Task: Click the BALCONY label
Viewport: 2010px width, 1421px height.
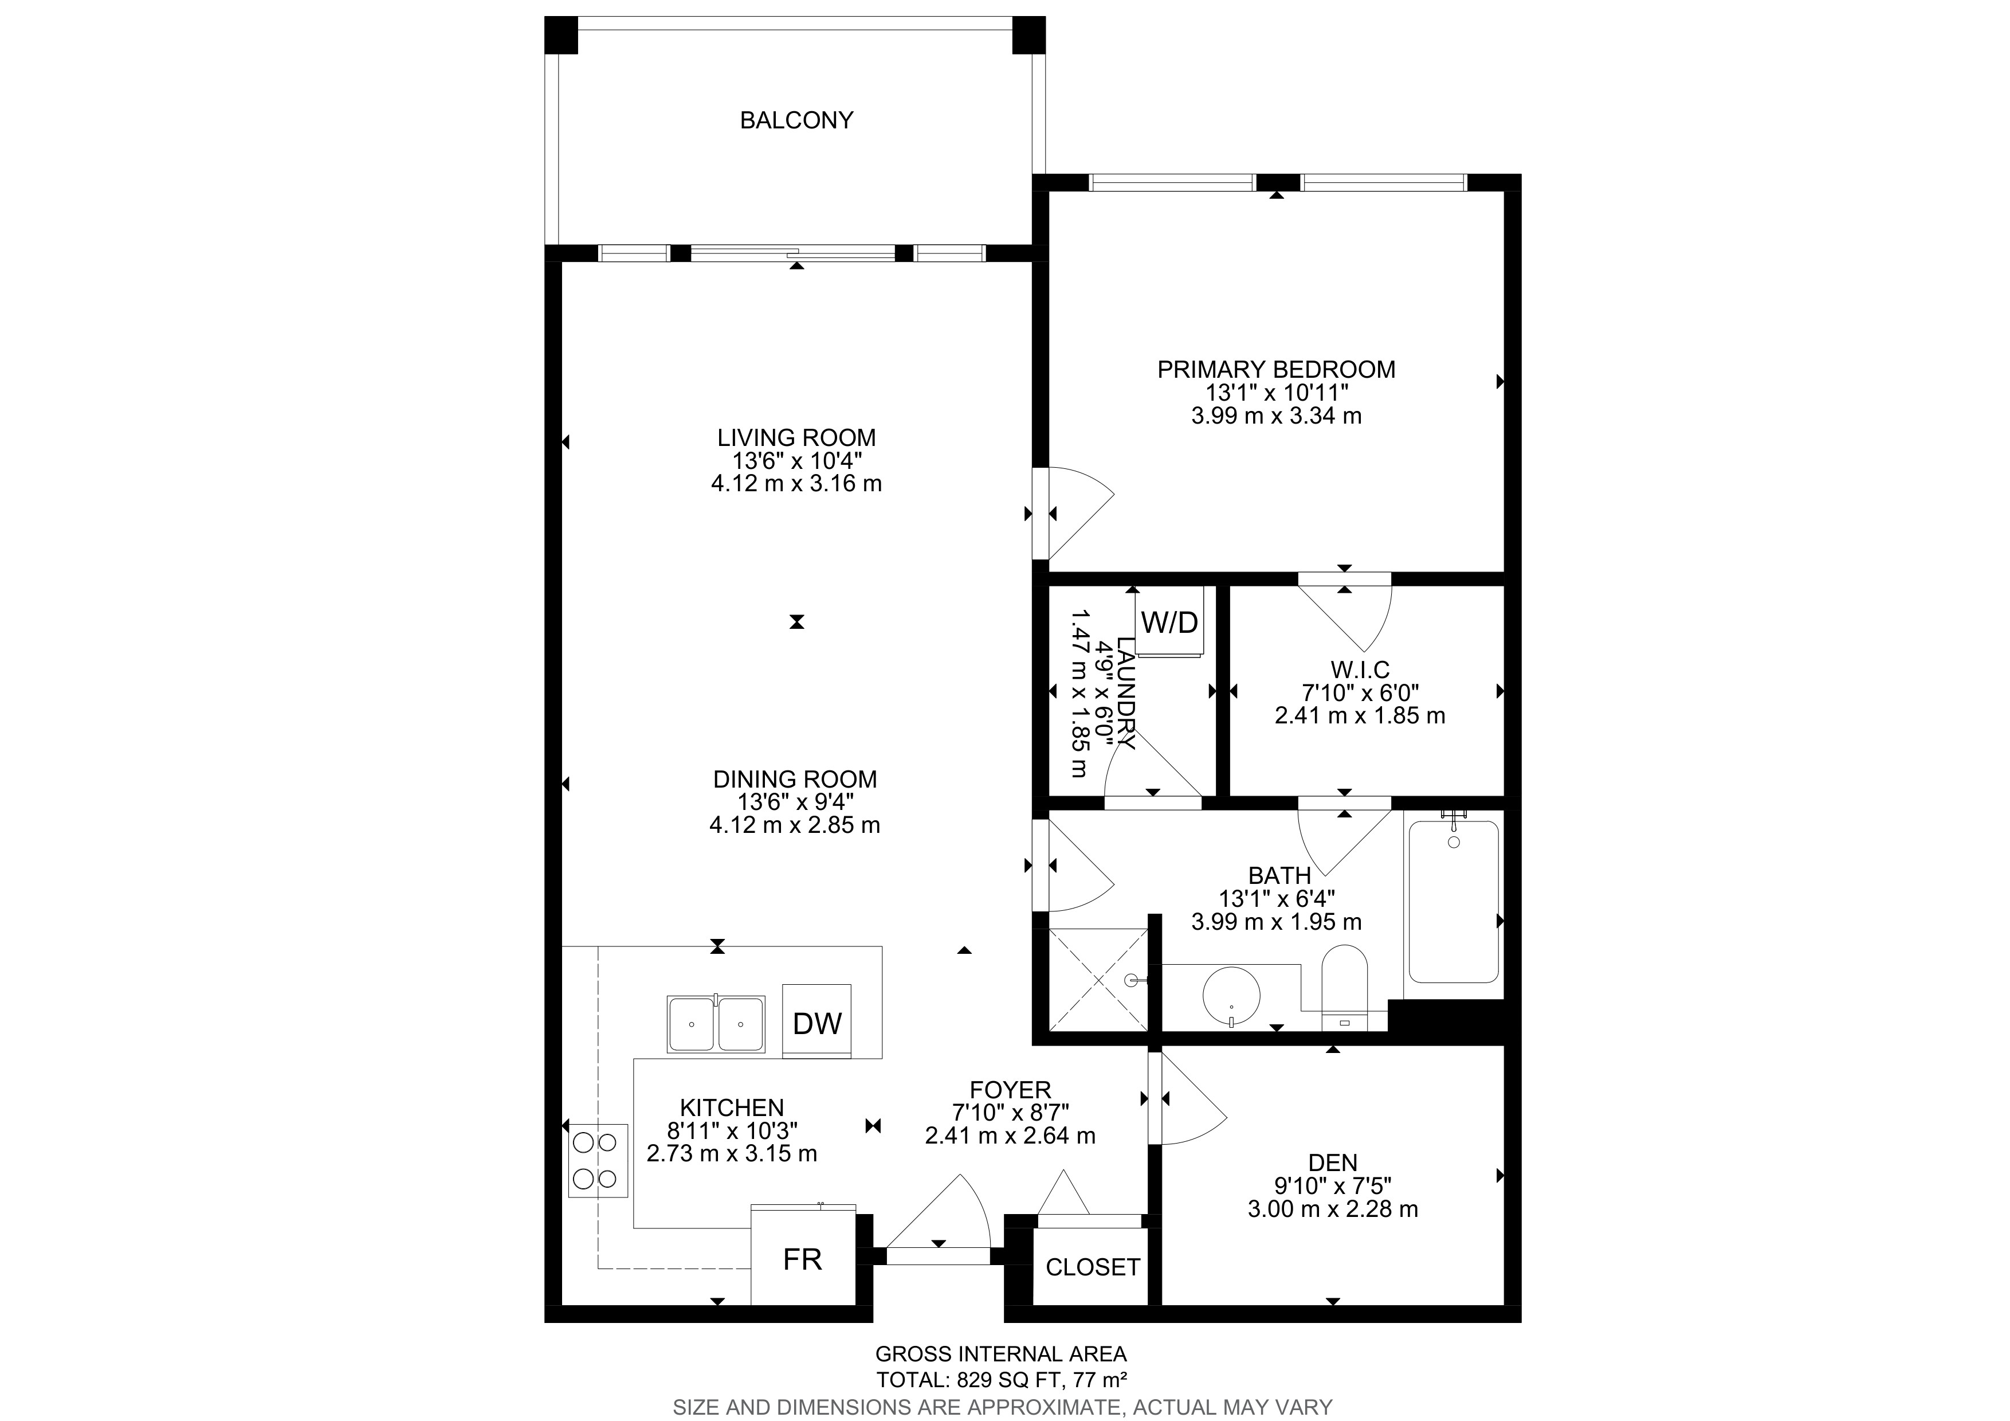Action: [x=796, y=120]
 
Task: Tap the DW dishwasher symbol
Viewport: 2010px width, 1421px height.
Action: [x=817, y=1021]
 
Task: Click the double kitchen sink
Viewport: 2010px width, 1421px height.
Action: [x=715, y=1024]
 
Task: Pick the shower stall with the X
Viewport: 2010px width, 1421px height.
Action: [x=1098, y=979]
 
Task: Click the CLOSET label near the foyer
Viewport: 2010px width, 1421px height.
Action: [x=1093, y=1267]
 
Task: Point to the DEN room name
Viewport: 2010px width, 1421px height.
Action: [x=1332, y=1162]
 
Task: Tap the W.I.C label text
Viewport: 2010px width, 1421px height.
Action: [x=1360, y=670]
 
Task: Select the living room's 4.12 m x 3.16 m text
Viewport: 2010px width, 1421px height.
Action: [x=796, y=483]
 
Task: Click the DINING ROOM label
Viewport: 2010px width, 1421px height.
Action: [x=795, y=779]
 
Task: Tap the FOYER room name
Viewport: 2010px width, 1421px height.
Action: [x=1010, y=1090]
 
